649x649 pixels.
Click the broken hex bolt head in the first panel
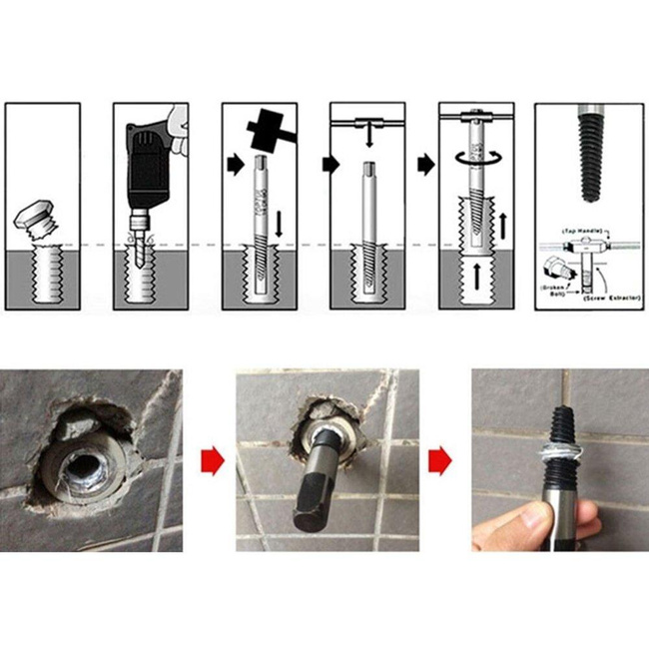tap(37, 216)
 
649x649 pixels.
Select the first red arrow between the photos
tap(209, 461)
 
